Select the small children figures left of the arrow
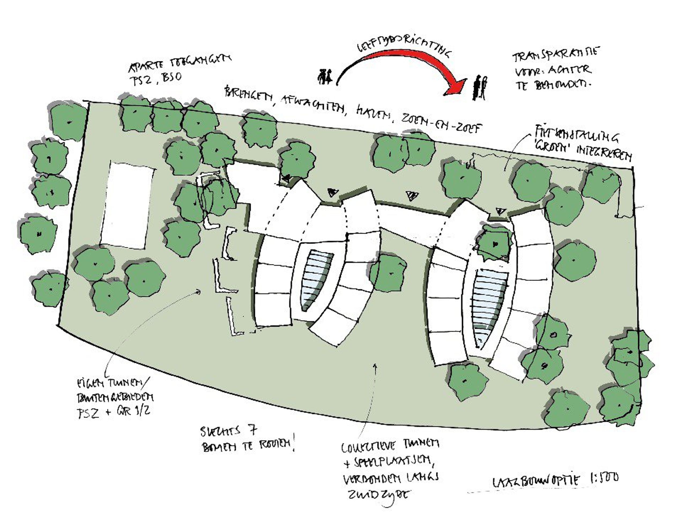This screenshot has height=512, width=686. (x=325, y=77)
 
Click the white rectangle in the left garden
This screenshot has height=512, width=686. (x=127, y=206)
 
